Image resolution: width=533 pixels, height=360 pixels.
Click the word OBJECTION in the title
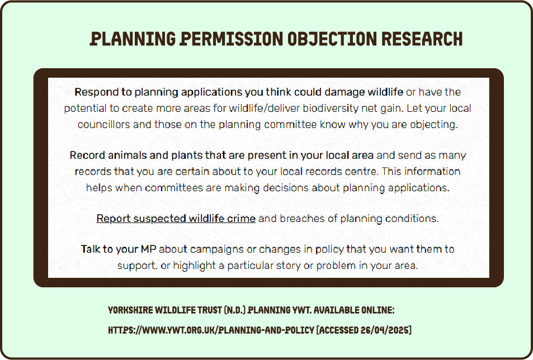click(x=332, y=39)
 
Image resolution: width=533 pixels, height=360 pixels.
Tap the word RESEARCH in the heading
click(x=422, y=39)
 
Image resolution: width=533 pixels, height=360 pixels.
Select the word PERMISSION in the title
click(x=231, y=39)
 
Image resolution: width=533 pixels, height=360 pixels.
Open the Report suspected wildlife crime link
click(x=176, y=219)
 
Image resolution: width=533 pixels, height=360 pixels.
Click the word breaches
click(x=302, y=219)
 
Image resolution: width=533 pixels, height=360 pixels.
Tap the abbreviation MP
click(x=148, y=249)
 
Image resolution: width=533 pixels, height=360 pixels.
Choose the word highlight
click(x=194, y=265)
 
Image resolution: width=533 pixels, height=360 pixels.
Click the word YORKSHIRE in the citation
click(x=130, y=310)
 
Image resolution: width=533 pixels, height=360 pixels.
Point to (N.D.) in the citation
click(x=234, y=310)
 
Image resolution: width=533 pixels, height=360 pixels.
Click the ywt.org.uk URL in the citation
click(x=211, y=330)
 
